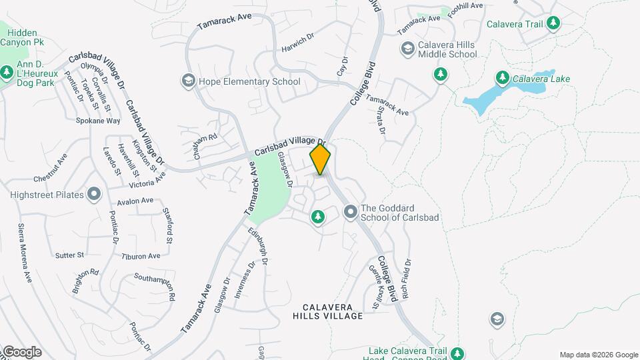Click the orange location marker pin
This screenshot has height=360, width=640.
coord(321,159)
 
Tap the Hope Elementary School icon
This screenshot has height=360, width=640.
coord(188,81)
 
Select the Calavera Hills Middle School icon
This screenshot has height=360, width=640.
coord(407,49)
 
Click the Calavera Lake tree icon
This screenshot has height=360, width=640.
coord(503,79)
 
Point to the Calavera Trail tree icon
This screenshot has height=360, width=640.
coord(553,24)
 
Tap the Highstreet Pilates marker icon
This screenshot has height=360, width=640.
coord(93,194)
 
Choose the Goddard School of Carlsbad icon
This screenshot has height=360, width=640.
coord(350,213)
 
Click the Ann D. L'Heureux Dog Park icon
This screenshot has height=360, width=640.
coord(7,71)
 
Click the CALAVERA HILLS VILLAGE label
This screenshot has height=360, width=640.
coord(333,311)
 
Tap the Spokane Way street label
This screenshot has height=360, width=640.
coord(98,121)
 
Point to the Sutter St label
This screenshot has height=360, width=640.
coord(70,255)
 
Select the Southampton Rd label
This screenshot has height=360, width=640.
coord(155,282)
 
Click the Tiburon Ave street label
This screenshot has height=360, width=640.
coord(141,256)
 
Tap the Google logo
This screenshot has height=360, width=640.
coord(21,351)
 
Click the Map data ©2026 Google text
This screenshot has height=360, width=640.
coord(598,355)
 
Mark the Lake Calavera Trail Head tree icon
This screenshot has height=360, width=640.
coord(457,353)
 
